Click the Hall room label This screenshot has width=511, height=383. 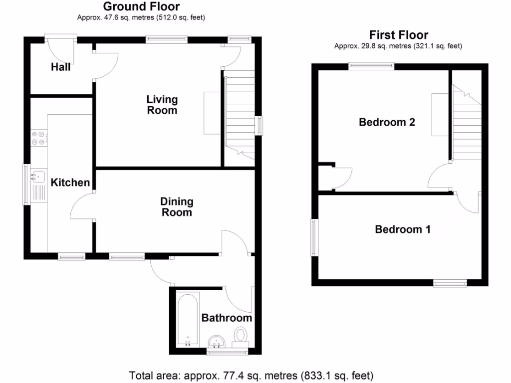pyautogui.click(x=61, y=67)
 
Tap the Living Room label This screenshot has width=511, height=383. pyautogui.click(x=162, y=105)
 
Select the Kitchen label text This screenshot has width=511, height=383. pyautogui.click(x=70, y=183)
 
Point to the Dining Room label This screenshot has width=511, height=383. pyautogui.click(x=177, y=207)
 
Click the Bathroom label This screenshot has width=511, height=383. pyautogui.click(x=227, y=318)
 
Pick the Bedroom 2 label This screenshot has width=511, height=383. pyautogui.click(x=387, y=122)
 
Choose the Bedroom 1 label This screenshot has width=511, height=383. pyautogui.click(x=403, y=229)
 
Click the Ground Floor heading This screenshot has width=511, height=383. pyautogui.click(x=141, y=7)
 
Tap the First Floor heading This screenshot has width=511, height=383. pyautogui.click(x=398, y=35)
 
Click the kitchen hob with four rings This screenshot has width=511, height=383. pyautogui.click(x=38, y=138)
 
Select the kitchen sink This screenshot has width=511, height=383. pyautogui.click(x=37, y=176)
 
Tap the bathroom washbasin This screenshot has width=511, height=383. pyautogui.click(x=217, y=342)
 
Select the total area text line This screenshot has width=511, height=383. pyautogui.click(x=251, y=375)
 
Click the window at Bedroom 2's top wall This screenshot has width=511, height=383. pyautogui.click(x=371, y=65)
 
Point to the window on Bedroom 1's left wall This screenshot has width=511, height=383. pyautogui.click(x=314, y=238)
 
